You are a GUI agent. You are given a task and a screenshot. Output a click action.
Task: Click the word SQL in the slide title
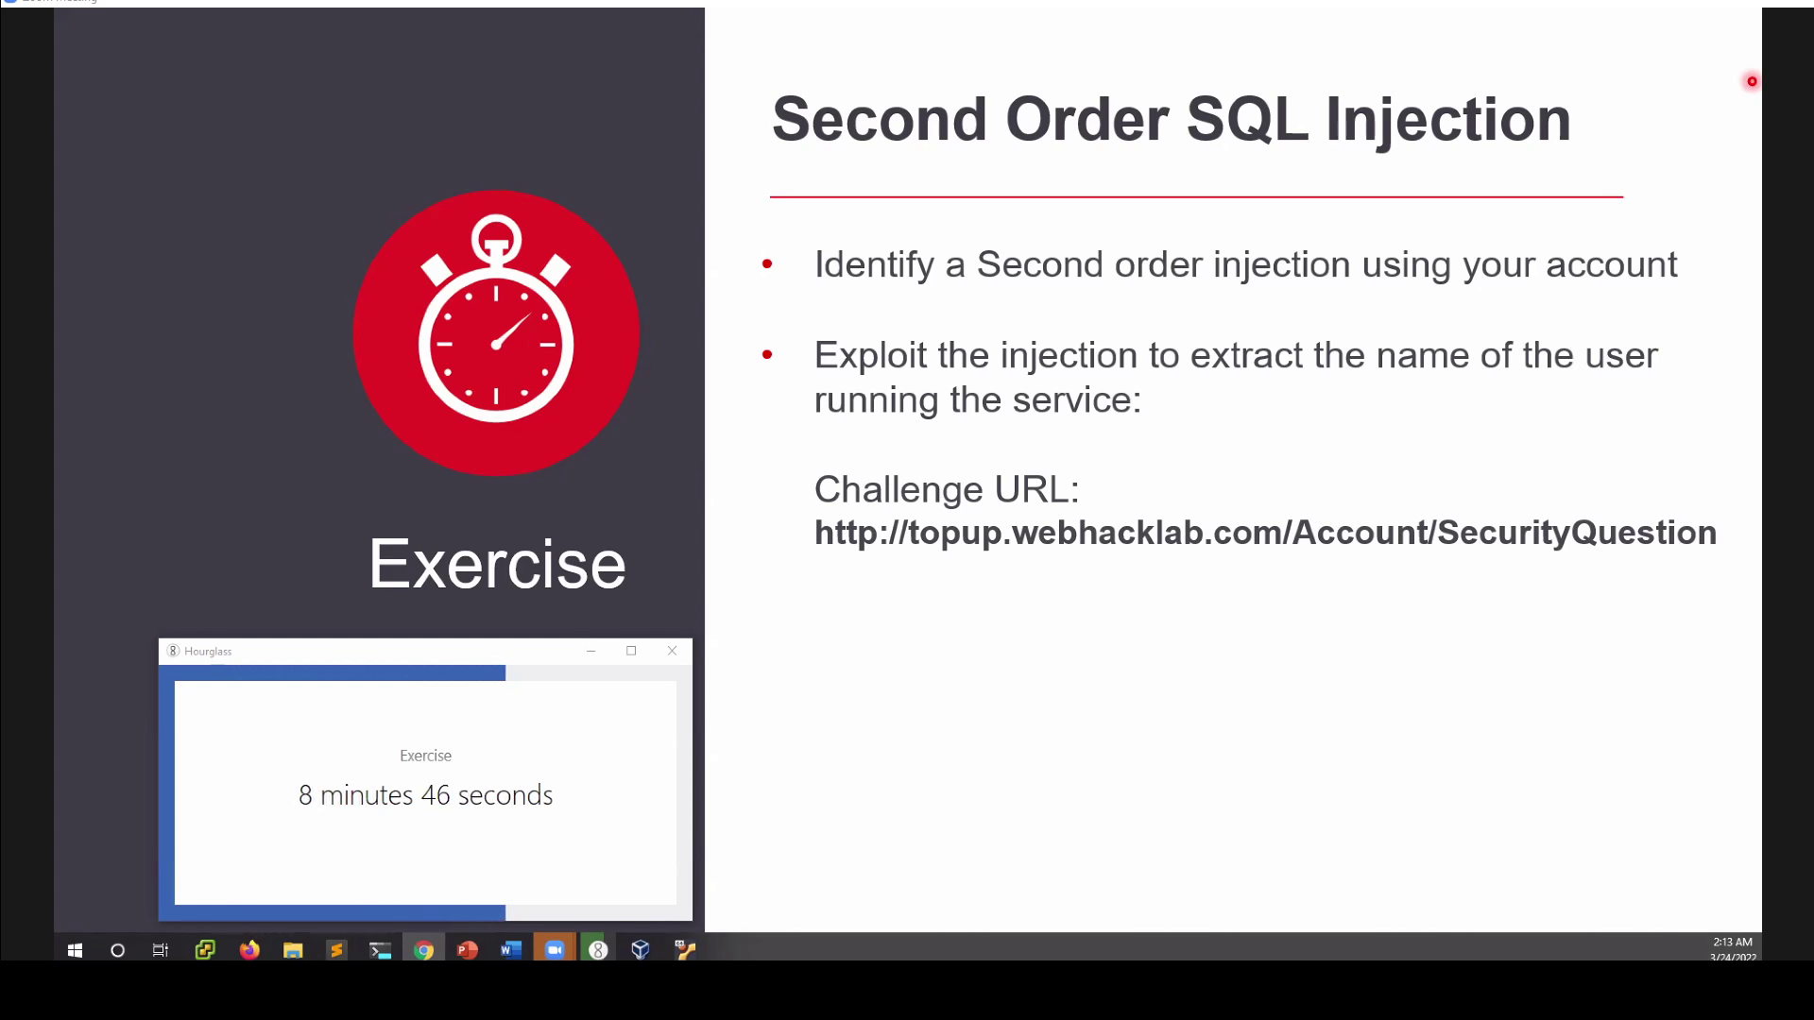click(x=1247, y=120)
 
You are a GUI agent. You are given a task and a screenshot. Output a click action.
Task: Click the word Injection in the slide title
click(x=1448, y=120)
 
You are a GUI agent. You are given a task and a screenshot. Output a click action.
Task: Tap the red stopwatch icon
click(x=496, y=332)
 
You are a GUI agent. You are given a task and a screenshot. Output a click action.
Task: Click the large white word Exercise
click(x=497, y=564)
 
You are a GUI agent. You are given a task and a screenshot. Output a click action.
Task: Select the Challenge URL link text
click(x=1265, y=533)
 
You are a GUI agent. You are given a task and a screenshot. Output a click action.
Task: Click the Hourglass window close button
click(x=672, y=651)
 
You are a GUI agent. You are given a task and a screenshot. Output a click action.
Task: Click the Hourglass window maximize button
click(x=631, y=651)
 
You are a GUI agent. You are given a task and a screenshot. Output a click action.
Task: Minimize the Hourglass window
click(x=590, y=651)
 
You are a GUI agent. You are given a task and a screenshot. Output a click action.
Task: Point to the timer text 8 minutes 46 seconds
click(x=426, y=795)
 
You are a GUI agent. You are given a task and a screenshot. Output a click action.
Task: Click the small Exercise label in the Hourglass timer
click(x=426, y=756)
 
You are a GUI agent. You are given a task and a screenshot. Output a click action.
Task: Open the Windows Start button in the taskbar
click(x=75, y=950)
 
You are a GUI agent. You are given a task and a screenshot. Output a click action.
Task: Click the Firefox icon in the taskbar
click(x=249, y=950)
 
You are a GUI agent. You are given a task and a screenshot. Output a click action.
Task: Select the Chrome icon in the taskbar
click(x=424, y=950)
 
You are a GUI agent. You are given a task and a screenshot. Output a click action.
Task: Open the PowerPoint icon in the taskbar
click(x=468, y=950)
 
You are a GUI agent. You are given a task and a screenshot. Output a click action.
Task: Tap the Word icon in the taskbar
click(x=511, y=950)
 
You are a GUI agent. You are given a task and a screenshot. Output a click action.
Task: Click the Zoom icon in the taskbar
click(x=555, y=950)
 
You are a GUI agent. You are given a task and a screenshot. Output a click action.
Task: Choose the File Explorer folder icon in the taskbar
click(x=293, y=950)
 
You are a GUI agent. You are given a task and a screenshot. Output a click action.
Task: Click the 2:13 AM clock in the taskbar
click(x=1733, y=943)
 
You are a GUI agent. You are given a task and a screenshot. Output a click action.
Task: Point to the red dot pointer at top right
click(x=1752, y=81)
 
